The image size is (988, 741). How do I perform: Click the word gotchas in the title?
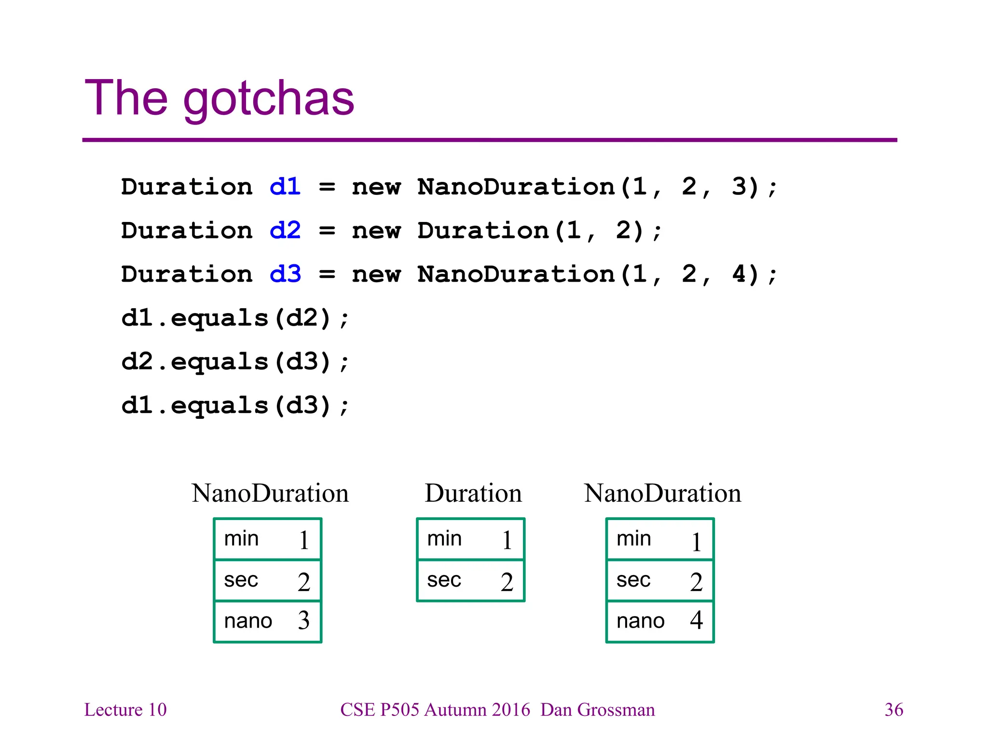tap(269, 99)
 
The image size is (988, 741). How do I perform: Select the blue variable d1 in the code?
tap(285, 187)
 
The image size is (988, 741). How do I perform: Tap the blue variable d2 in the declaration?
tap(285, 230)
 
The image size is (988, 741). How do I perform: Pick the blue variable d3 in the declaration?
tap(285, 274)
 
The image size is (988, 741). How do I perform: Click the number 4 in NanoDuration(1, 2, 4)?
tap(739, 274)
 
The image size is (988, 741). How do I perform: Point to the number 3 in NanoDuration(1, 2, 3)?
tap(739, 187)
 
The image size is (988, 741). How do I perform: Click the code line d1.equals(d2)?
tap(235, 318)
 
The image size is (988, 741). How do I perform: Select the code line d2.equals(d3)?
tap(235, 362)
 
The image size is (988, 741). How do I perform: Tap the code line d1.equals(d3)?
tap(235, 405)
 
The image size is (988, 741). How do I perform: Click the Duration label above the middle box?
tap(473, 494)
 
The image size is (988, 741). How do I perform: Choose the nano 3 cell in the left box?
tap(268, 621)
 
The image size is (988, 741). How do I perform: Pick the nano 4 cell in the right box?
tap(660, 621)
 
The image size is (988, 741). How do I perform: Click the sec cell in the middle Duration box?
tap(470, 580)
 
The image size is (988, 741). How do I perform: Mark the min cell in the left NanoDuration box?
tap(268, 539)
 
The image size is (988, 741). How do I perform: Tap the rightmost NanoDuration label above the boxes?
tap(662, 494)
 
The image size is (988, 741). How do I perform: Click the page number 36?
tap(894, 710)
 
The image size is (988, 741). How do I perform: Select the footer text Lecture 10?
tap(125, 710)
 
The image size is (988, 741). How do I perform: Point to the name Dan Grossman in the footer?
tap(598, 710)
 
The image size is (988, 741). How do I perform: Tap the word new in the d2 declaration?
tap(376, 231)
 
